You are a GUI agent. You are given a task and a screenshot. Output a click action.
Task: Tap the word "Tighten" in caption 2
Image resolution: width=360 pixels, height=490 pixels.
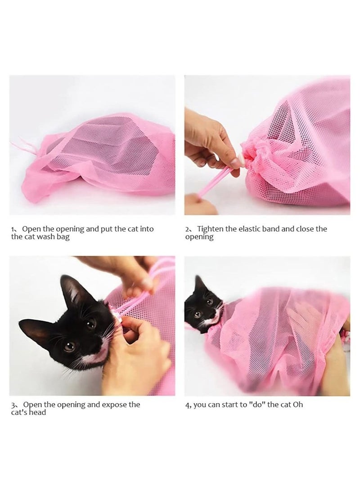click(211, 229)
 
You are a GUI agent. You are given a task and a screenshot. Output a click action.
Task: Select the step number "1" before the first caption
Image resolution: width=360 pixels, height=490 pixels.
click(13, 229)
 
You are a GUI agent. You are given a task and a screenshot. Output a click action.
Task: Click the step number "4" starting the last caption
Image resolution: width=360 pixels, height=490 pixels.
click(187, 405)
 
